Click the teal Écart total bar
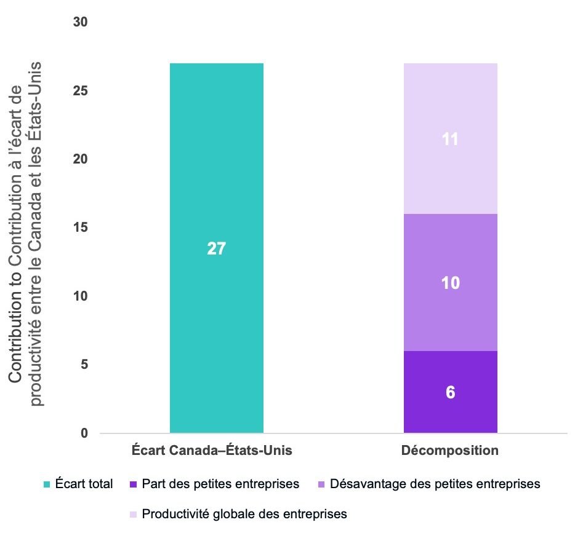[x=216, y=184]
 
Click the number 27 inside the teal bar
[x=217, y=248]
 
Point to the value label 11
[x=451, y=140]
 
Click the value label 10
[x=451, y=283]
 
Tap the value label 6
[x=451, y=392]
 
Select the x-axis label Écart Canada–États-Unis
[x=212, y=451]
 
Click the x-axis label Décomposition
[x=450, y=451]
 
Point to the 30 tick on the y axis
[x=81, y=22]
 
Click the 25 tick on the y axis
[x=81, y=91]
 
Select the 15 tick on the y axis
[x=81, y=228]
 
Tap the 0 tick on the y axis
[x=85, y=433]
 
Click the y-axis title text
[x=27, y=234]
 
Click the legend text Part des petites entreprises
[x=220, y=484]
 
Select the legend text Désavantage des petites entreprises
[x=435, y=484]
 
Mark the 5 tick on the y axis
[x=85, y=365]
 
